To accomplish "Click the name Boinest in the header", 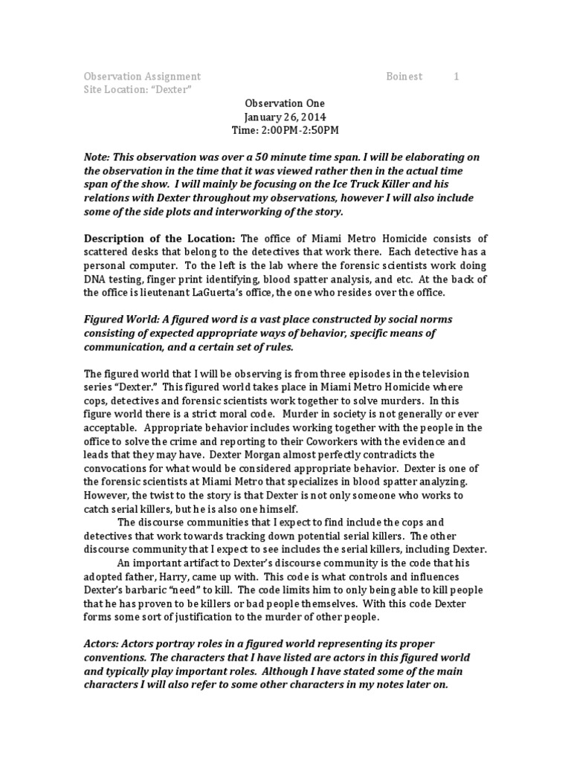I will tap(404, 77).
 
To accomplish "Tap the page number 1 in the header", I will tap(457, 77).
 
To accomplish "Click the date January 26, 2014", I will tap(285, 117).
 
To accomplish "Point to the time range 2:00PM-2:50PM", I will tap(301, 131).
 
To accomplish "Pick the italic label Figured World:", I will tap(121, 319).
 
